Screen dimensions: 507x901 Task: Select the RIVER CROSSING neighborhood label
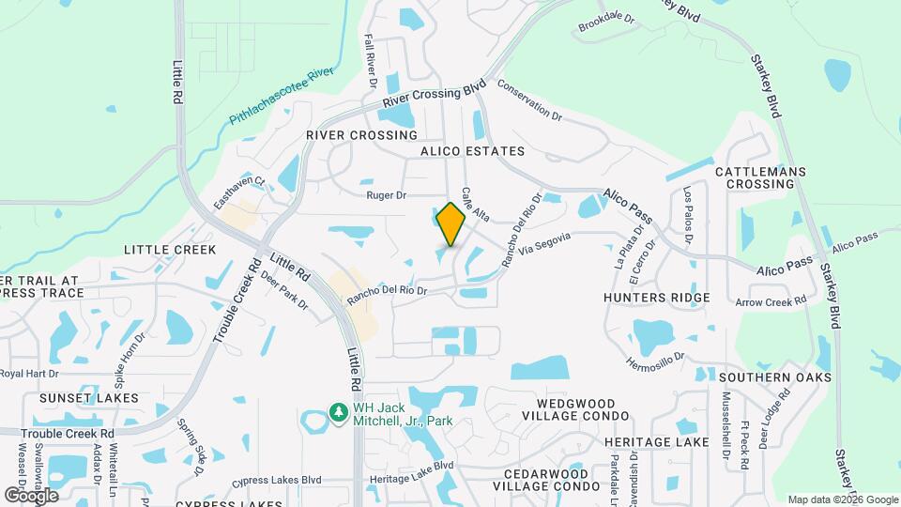point(348,135)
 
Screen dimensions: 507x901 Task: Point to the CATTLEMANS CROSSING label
point(756,178)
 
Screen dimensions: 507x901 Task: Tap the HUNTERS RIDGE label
point(657,298)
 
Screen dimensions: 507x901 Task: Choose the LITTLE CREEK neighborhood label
point(170,250)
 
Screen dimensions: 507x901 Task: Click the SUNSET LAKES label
point(89,398)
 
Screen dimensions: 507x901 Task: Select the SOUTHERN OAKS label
point(775,377)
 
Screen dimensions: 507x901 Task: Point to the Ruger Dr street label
point(386,196)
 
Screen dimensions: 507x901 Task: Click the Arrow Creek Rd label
point(771,302)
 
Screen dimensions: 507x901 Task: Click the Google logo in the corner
point(30,496)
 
